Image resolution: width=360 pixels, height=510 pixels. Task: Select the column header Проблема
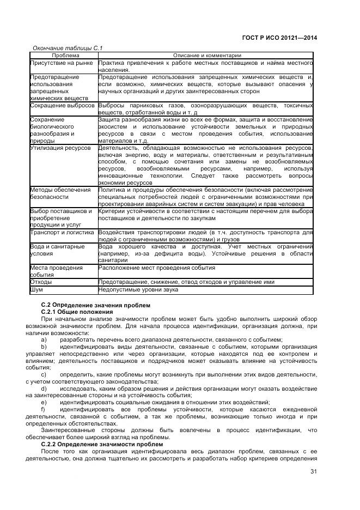pyautogui.click(x=65, y=56)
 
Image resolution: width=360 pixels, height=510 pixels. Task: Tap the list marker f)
pyautogui.click(x=44, y=409)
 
